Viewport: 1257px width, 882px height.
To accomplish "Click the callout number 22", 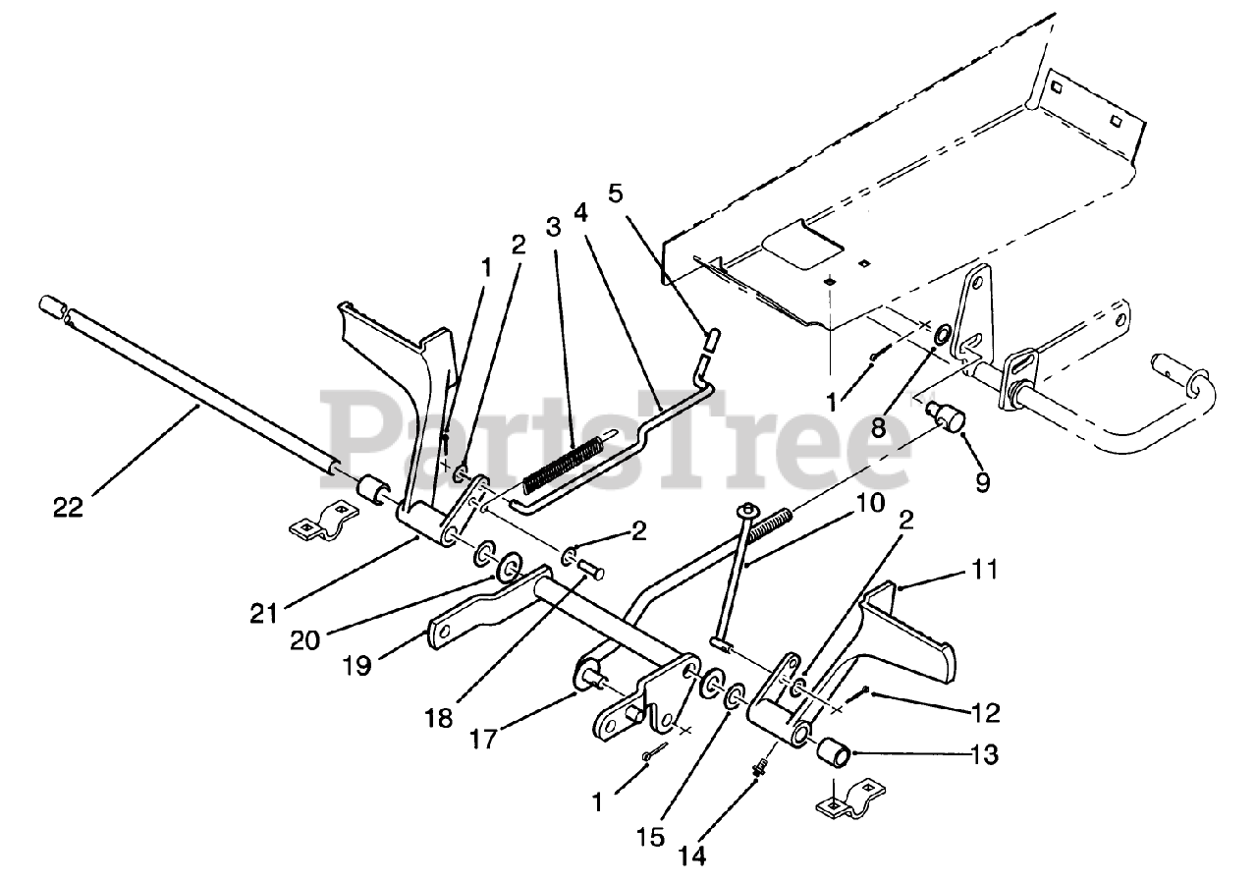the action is tap(70, 508).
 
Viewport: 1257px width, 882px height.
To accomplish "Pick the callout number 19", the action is tap(357, 665).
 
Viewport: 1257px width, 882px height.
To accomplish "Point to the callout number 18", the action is tap(440, 718).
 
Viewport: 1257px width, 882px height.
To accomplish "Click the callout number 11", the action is tap(985, 569).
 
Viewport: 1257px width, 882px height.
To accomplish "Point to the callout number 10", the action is tap(869, 504).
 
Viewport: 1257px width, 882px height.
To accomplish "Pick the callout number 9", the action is tap(983, 481).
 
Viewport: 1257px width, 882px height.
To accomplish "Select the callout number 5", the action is tap(615, 193).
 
